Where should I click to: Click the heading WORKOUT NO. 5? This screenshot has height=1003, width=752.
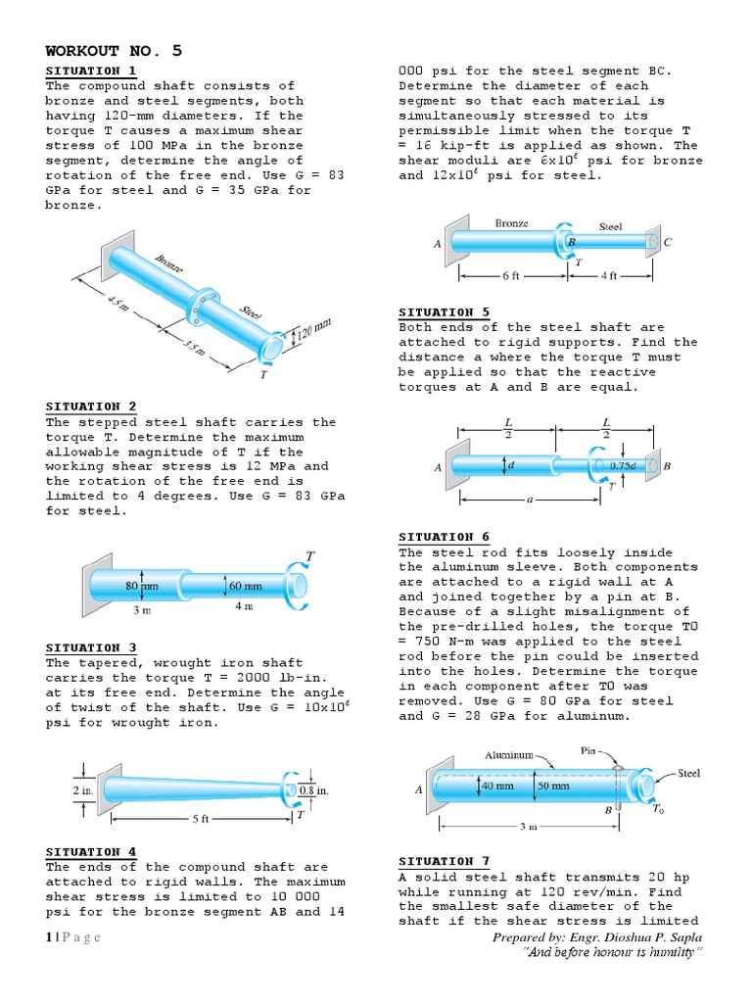pyautogui.click(x=114, y=51)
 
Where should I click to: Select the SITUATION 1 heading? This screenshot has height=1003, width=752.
pyautogui.click(x=91, y=72)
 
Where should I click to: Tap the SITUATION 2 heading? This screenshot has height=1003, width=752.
pyautogui.click(x=91, y=406)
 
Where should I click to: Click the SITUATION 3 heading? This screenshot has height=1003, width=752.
pyautogui.click(x=91, y=647)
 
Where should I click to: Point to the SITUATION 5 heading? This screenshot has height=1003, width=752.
pyautogui.click(x=444, y=312)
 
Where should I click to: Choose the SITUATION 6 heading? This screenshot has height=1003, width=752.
pyautogui.click(x=444, y=537)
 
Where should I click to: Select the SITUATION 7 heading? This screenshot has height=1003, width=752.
pyautogui.click(x=444, y=861)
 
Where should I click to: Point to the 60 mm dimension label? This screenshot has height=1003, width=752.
pyautogui.click(x=245, y=586)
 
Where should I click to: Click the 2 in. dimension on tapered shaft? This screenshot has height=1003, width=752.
pyautogui.click(x=82, y=789)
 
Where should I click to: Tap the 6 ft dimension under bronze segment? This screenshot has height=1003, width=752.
pyautogui.click(x=510, y=276)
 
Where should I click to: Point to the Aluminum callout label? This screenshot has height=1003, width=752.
pyautogui.click(x=509, y=754)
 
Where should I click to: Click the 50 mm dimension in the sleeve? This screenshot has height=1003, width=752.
pyautogui.click(x=553, y=786)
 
